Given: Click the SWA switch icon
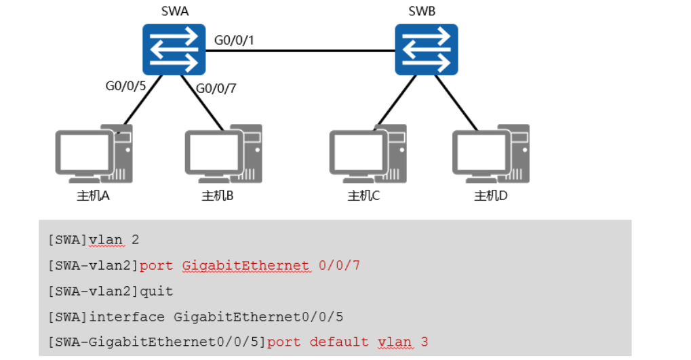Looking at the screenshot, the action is pyautogui.click(x=174, y=49).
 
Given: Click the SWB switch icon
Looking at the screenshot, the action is pyautogui.click(x=426, y=49).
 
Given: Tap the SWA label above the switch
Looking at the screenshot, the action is pyautogui.click(x=175, y=11).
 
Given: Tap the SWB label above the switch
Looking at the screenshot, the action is pyautogui.click(x=422, y=11).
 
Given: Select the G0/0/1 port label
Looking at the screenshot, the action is pyautogui.click(x=234, y=40).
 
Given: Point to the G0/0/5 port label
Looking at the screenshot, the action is pyautogui.click(x=125, y=85).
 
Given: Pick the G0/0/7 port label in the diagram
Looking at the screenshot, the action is pyautogui.click(x=216, y=89).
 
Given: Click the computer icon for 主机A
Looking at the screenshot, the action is pyautogui.click(x=94, y=154).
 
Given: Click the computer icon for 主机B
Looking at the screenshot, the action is pyautogui.click(x=223, y=154).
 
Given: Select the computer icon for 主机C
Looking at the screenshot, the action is pyautogui.click(x=368, y=154).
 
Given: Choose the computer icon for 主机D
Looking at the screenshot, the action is pyautogui.click(x=491, y=154).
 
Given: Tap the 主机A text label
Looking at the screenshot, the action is pyautogui.click(x=93, y=195).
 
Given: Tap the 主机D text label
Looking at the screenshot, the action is pyautogui.click(x=491, y=195).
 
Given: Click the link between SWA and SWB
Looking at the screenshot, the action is pyautogui.click(x=300, y=51).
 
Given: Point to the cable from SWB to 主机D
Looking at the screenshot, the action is pyautogui.click(x=456, y=103).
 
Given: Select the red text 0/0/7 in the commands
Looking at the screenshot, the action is pyautogui.click(x=339, y=265).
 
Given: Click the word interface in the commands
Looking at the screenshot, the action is pyautogui.click(x=127, y=317).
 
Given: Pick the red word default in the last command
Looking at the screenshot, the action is pyautogui.click(x=339, y=342).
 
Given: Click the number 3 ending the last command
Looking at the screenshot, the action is pyautogui.click(x=425, y=342).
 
